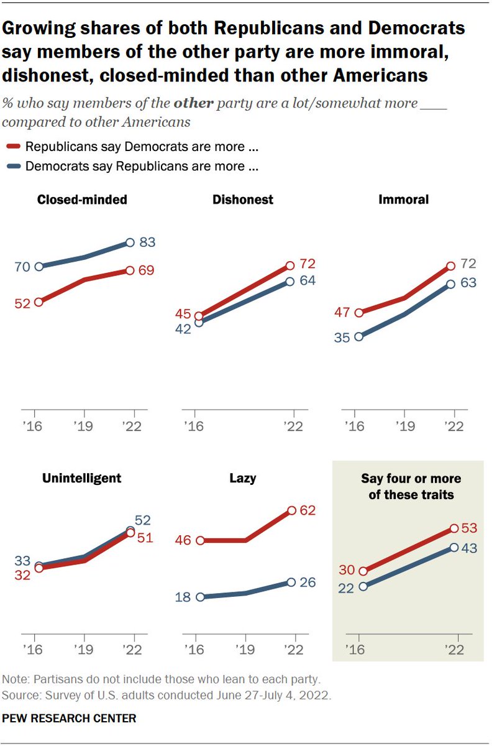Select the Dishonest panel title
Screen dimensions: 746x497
(243, 200)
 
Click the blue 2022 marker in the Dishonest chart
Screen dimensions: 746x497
(290, 281)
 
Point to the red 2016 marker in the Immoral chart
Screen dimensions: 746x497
(358, 313)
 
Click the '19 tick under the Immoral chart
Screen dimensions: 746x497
(404, 427)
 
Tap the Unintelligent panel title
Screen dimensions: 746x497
(81, 478)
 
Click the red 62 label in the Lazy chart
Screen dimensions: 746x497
(307, 510)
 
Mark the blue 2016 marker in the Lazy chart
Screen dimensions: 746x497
(200, 597)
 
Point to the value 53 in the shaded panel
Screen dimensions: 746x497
(468, 528)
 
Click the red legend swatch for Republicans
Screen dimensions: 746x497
(14, 147)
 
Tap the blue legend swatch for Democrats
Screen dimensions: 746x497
(14, 167)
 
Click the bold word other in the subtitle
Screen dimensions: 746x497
(196, 103)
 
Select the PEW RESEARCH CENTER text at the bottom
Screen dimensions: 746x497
(70, 718)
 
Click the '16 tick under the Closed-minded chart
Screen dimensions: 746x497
(35, 427)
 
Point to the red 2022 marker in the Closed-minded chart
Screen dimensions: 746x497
(130, 271)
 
